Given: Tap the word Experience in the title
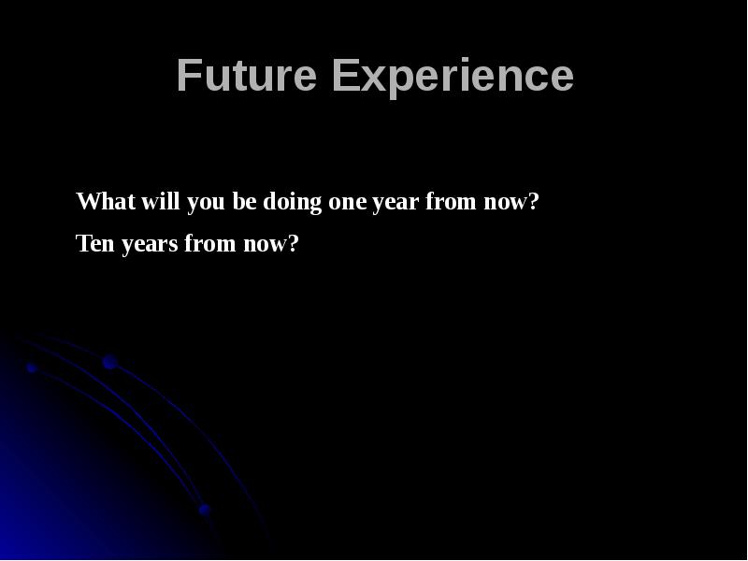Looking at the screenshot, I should click(453, 76).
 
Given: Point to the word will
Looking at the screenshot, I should click(161, 202).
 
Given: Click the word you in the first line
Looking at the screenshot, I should click(207, 203).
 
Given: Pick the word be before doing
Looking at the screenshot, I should click(245, 202).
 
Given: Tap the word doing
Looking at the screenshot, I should click(293, 203).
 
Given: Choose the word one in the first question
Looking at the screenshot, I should click(347, 203).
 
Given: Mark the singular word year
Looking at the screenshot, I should click(396, 203).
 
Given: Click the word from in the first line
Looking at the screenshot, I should click(453, 203).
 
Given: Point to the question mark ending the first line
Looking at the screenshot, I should click(535, 202).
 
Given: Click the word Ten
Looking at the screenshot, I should click(94, 245).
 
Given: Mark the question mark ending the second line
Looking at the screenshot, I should click(294, 245).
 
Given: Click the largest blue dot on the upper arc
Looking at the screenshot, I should click(109, 362).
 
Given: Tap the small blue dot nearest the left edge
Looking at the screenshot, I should click(31, 368).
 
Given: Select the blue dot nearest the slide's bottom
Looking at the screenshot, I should click(204, 510).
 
